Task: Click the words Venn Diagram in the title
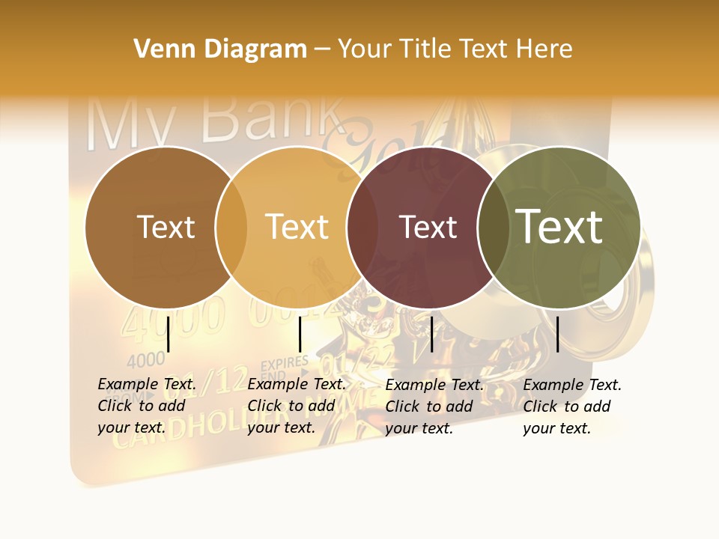pyautogui.click(x=220, y=49)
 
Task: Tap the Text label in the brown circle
pyautogui.click(x=166, y=227)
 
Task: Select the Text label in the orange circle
pyautogui.click(x=297, y=227)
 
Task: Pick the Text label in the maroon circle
pyautogui.click(x=428, y=227)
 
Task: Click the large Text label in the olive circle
pyautogui.click(x=559, y=227)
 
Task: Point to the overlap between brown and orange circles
pyautogui.click(x=231, y=227)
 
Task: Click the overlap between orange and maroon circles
pyautogui.click(x=362, y=227)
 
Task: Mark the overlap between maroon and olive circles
pyautogui.click(x=492, y=227)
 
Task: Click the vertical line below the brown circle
pyautogui.click(x=169, y=334)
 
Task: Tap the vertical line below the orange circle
pyautogui.click(x=300, y=334)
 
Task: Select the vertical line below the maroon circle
pyautogui.click(x=431, y=334)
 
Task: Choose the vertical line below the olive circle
pyautogui.click(x=558, y=334)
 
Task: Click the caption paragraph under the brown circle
pyautogui.click(x=146, y=406)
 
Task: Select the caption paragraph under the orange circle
pyautogui.click(x=296, y=406)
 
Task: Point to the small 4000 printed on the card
pyautogui.click(x=146, y=361)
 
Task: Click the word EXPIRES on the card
pyautogui.click(x=284, y=364)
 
